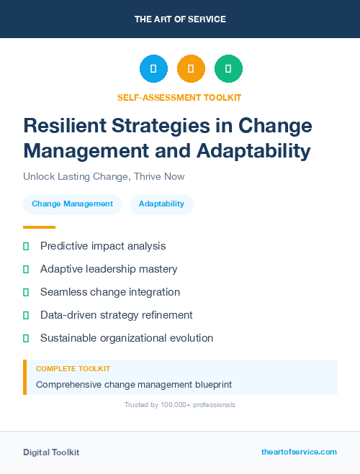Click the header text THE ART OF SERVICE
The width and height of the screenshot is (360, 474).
[180, 19]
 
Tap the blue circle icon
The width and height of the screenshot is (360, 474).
[153, 69]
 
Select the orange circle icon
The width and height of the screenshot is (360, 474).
[191, 69]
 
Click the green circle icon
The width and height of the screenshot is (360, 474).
[228, 69]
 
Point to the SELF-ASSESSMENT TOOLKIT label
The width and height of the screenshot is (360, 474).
[179, 97]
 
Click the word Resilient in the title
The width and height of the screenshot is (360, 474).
[67, 126]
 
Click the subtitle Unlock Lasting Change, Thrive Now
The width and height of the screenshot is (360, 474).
[103, 176]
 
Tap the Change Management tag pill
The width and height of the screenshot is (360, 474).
[72, 204]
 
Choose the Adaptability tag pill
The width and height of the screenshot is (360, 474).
[162, 204]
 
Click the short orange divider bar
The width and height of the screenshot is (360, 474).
[39, 227]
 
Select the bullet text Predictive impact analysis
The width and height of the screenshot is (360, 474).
[103, 246]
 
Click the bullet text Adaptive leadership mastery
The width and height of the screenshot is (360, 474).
[109, 269]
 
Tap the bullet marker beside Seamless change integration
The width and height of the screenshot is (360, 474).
[26, 292]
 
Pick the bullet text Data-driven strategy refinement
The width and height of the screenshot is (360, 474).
[116, 315]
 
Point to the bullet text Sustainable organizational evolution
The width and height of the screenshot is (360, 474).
[127, 338]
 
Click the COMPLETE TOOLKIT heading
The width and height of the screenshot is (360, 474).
[73, 369]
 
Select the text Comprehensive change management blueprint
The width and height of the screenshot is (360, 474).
[134, 384]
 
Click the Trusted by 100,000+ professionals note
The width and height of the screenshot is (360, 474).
[179, 405]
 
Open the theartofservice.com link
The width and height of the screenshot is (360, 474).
[299, 452]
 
